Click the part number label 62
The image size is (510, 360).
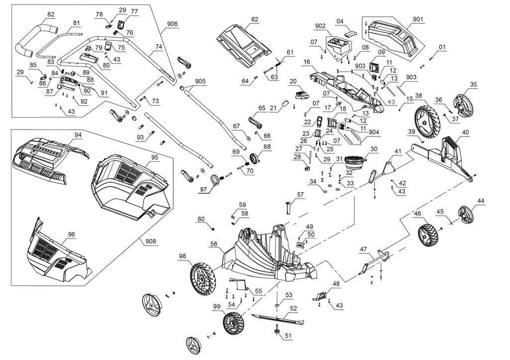tap(255, 20)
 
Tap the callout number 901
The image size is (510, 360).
tap(418, 20)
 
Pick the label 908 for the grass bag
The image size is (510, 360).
tap(151, 241)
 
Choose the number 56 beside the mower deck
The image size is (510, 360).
tap(214, 244)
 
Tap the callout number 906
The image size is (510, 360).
tap(172, 24)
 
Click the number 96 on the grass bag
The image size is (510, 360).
tap(71, 235)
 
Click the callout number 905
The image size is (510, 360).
tap(200, 81)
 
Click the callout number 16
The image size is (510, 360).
tap(306, 62)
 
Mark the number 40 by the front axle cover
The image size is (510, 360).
tap(465, 132)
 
